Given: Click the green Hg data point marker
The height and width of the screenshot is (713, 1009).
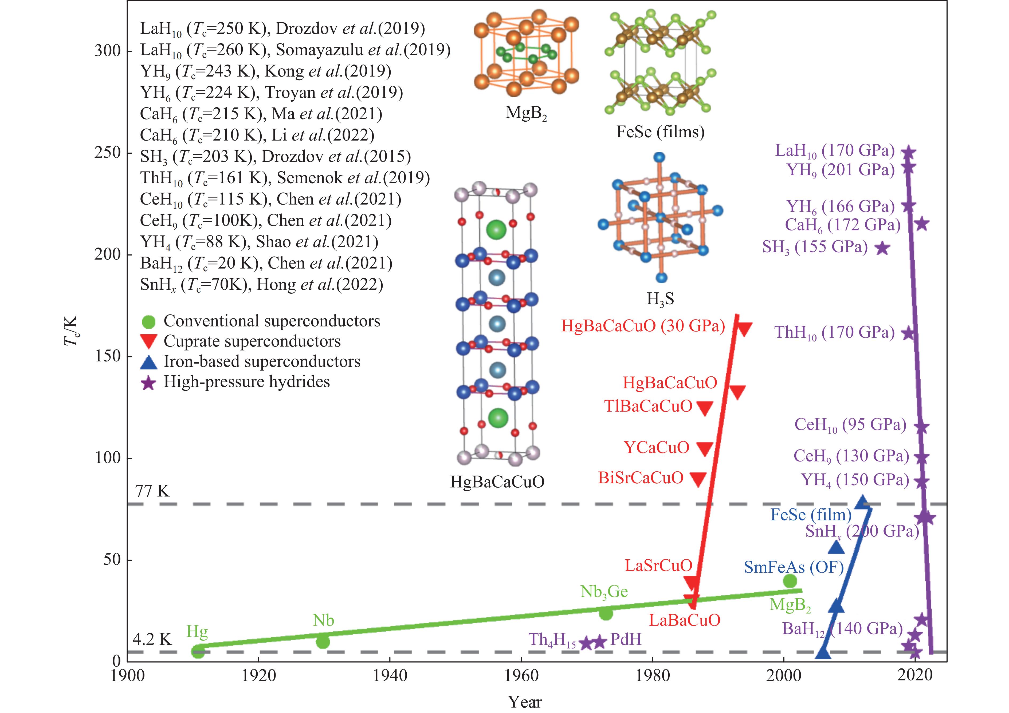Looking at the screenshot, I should click(198, 652).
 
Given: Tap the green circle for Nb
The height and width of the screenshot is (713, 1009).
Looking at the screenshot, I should click(323, 642).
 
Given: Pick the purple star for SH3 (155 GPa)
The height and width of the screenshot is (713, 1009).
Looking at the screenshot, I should click(882, 248).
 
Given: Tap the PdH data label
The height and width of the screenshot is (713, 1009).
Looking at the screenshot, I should click(626, 639).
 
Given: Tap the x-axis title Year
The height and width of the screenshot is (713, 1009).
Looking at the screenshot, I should click(525, 702).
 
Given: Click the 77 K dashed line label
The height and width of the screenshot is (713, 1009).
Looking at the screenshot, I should click(152, 491).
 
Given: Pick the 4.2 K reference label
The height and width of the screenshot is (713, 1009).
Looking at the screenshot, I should click(152, 639).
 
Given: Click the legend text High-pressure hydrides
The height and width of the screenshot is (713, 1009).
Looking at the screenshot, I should click(246, 381).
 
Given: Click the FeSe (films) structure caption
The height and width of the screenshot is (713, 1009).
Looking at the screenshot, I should click(660, 132).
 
